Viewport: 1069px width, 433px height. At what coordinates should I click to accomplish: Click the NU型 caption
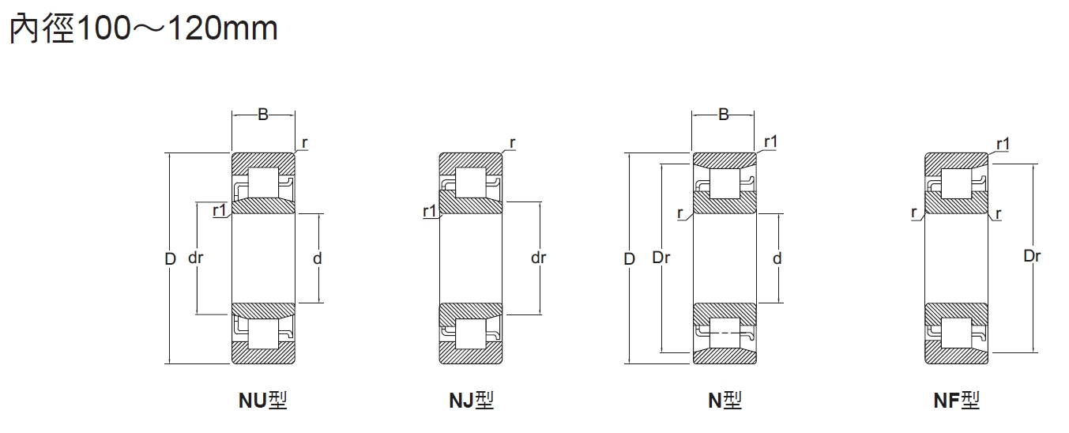(262, 400)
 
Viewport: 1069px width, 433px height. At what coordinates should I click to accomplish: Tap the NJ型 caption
(471, 400)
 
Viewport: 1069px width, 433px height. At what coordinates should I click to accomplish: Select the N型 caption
(725, 400)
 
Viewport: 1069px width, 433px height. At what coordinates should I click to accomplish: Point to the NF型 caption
(956, 400)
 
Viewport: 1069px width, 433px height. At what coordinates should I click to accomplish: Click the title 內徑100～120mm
(144, 28)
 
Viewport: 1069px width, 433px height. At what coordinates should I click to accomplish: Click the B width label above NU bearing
(263, 115)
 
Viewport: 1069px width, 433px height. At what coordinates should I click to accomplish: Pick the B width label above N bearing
(724, 115)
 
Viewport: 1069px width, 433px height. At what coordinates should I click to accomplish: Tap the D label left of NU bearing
(171, 258)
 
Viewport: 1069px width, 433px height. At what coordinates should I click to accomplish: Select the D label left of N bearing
(630, 258)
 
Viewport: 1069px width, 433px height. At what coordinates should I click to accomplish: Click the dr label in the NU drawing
(196, 258)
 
